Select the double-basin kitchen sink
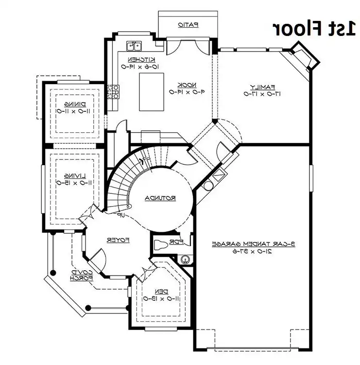(x=134, y=46)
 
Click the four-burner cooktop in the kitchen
(x=114, y=91)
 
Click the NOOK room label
(x=182, y=84)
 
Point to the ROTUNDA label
(x=160, y=198)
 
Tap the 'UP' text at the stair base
(x=118, y=214)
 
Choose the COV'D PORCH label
(x=75, y=275)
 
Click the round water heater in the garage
(x=209, y=185)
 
